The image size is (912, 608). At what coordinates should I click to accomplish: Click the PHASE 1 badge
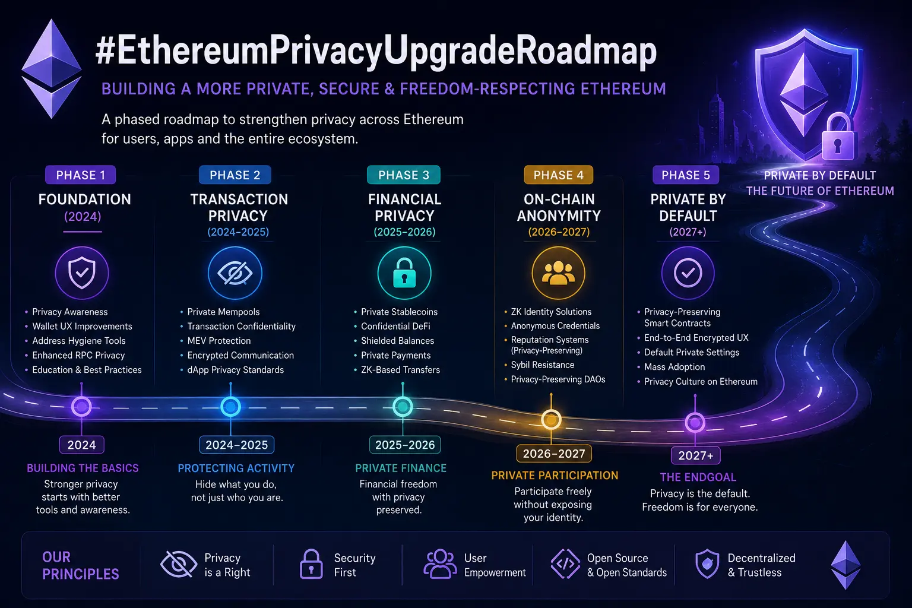pos(81,175)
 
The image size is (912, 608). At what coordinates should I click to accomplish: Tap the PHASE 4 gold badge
pos(558,175)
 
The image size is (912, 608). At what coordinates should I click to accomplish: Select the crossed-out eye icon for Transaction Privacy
pos(235,273)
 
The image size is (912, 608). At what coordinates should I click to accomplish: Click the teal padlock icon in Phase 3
pos(404,273)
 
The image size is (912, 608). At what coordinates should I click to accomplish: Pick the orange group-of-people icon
pos(559,273)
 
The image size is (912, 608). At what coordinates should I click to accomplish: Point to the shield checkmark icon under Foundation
pos(82,273)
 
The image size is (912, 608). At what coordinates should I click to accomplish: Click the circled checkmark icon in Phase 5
pos(688,273)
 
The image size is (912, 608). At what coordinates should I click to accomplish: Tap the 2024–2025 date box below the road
pos(236,445)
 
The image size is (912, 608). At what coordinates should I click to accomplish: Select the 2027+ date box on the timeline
pos(696,455)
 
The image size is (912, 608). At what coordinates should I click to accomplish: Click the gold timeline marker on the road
pos(551,420)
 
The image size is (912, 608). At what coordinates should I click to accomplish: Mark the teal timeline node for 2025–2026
pos(403,406)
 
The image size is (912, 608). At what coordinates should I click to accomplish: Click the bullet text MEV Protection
pos(219,340)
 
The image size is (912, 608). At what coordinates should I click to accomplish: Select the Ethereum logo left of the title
pos(52,68)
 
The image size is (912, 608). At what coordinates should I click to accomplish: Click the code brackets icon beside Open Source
pos(565,564)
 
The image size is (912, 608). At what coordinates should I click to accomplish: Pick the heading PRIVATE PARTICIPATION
pos(555,475)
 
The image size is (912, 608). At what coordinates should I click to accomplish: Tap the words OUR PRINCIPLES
pos(81,566)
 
